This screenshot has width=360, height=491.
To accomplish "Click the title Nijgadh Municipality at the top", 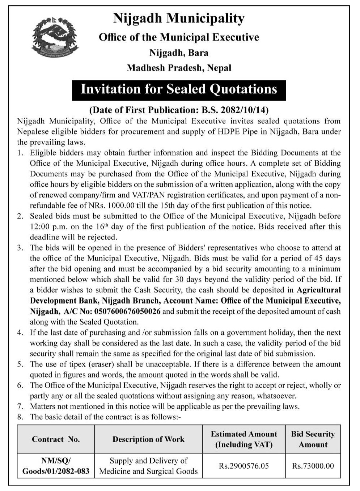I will tap(179, 18).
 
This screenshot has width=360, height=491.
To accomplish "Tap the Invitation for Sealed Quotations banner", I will tap(179, 89).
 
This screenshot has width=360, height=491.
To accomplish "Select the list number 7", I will tap(20, 406).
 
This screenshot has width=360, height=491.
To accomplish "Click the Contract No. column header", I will tap(56, 439).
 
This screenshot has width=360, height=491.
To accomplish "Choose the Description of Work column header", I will tap(148, 439).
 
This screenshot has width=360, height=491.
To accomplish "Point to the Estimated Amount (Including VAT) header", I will tap(244, 439).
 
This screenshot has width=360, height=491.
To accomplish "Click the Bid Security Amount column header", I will tap(313, 439).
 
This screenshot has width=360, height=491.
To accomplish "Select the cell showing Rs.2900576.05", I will tap(244, 466).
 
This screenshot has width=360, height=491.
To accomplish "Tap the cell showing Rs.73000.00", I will tap(313, 466).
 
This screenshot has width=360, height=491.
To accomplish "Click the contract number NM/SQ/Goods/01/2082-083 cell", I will tap(56, 466).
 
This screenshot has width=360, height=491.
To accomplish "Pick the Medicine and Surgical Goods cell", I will tap(148, 466).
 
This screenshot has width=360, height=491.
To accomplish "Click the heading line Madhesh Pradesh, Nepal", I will tap(179, 68).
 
